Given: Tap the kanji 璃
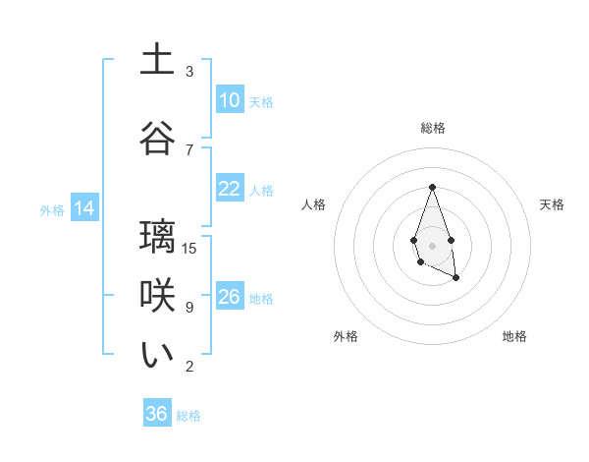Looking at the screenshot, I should tap(157, 237).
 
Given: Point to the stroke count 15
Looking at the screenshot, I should tap(190, 248).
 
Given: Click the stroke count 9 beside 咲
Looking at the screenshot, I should tap(189, 308).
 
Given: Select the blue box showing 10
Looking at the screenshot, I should tap(229, 100).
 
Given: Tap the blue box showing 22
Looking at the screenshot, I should tap(229, 189).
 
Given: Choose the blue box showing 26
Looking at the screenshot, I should tap(229, 297).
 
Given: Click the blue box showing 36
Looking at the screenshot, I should tap(157, 414).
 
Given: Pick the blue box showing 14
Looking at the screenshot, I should tap(83, 208).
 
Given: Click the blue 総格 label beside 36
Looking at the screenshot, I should tap(188, 416).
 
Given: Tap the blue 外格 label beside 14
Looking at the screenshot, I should tap(52, 209).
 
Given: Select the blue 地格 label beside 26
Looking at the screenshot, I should tap(261, 298).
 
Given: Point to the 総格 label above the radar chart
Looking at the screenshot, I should tap(432, 128).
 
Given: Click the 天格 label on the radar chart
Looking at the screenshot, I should tap(552, 204).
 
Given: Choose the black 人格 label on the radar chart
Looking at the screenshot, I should tap(313, 204).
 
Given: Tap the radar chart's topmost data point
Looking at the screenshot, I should tap(432, 187).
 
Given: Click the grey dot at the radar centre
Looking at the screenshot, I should tap(432, 244).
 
